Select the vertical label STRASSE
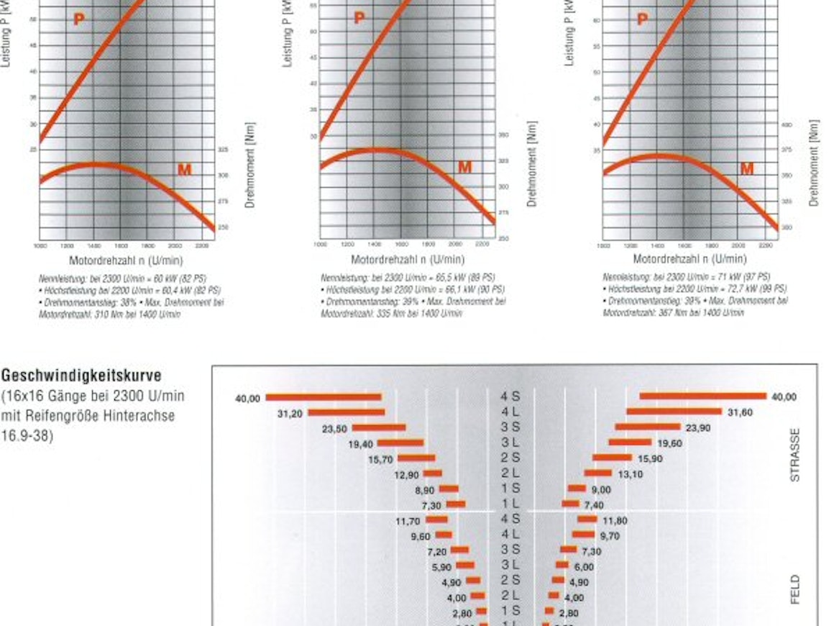[794, 455]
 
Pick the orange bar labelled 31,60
[674, 412]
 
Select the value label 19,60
[669, 443]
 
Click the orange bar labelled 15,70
[416, 458]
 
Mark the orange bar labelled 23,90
[647, 427]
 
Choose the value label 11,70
[408, 521]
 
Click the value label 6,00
[583, 567]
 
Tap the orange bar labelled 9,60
[444, 535]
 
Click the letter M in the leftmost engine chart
[185, 170]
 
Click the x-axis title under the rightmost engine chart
[689, 260]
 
